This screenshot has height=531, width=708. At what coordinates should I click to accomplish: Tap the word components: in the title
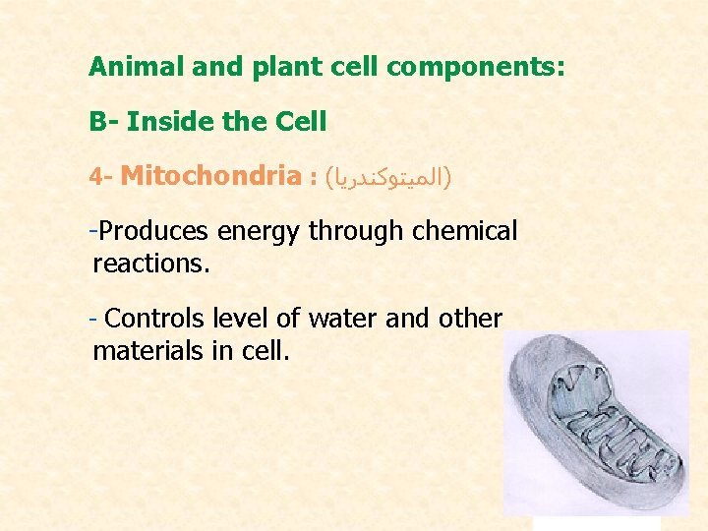click(475, 67)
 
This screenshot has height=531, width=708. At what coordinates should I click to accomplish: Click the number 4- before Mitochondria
click(101, 178)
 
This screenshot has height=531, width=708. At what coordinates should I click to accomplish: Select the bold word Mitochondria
click(210, 177)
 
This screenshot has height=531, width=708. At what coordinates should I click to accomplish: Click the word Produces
click(153, 232)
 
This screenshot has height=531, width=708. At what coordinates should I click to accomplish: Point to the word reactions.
click(150, 264)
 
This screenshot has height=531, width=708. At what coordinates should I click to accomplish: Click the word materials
click(148, 350)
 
